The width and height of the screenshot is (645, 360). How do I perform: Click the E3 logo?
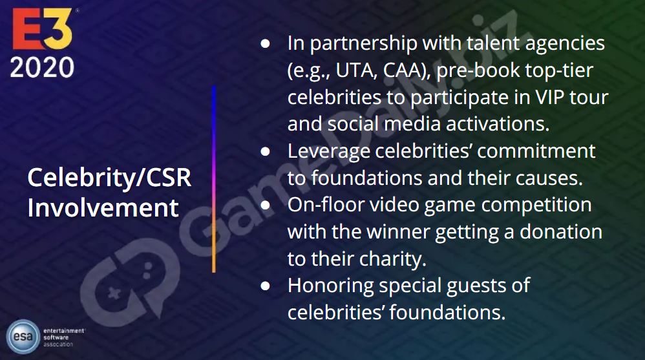[x=43, y=29]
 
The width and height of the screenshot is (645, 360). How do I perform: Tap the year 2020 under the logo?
[x=42, y=67]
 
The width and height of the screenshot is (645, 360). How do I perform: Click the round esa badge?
[x=23, y=337]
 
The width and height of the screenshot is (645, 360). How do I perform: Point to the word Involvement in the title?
[x=103, y=207]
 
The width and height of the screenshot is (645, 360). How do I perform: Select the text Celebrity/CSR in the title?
[x=109, y=178]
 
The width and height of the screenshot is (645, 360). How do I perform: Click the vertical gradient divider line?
[x=214, y=179]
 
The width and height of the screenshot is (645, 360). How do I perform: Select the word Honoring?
[x=331, y=286]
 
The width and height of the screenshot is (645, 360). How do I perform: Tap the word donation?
[x=561, y=231]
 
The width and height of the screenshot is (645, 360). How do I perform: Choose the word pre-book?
[x=463, y=70]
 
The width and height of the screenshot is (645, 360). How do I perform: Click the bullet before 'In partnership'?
[x=266, y=43]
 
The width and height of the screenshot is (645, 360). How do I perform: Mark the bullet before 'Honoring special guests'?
[x=266, y=286]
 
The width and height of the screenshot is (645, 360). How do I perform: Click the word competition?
[x=536, y=206]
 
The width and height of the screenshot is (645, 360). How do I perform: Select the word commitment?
[x=536, y=151]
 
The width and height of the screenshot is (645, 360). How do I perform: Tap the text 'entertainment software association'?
[x=64, y=337]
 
